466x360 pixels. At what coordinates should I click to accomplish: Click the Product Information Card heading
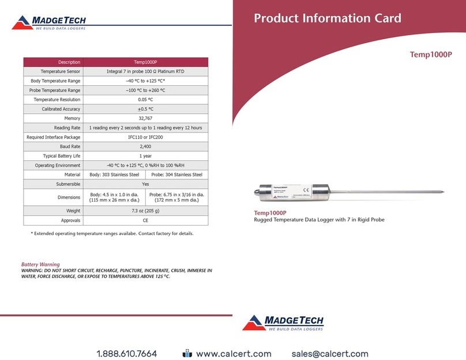point(327,18)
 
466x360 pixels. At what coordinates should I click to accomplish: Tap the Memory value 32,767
point(145,118)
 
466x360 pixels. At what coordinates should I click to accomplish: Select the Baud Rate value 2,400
point(145,147)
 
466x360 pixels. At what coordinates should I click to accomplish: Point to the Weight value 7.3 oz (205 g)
point(145,211)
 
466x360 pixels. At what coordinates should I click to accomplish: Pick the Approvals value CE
point(145,220)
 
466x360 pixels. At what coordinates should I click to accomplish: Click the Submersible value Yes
point(145,183)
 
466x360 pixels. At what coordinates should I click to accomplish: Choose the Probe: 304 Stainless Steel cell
point(176,174)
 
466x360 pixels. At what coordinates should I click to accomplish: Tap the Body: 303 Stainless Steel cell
point(114,174)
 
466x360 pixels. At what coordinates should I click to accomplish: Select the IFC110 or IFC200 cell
point(145,137)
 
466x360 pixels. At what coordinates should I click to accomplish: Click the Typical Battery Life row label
point(62,156)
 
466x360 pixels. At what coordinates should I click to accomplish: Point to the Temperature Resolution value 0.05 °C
point(145,99)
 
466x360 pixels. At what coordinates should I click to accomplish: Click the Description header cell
point(69,62)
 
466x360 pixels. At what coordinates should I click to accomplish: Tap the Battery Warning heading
point(40,265)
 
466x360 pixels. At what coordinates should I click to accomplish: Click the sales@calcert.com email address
point(330,337)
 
